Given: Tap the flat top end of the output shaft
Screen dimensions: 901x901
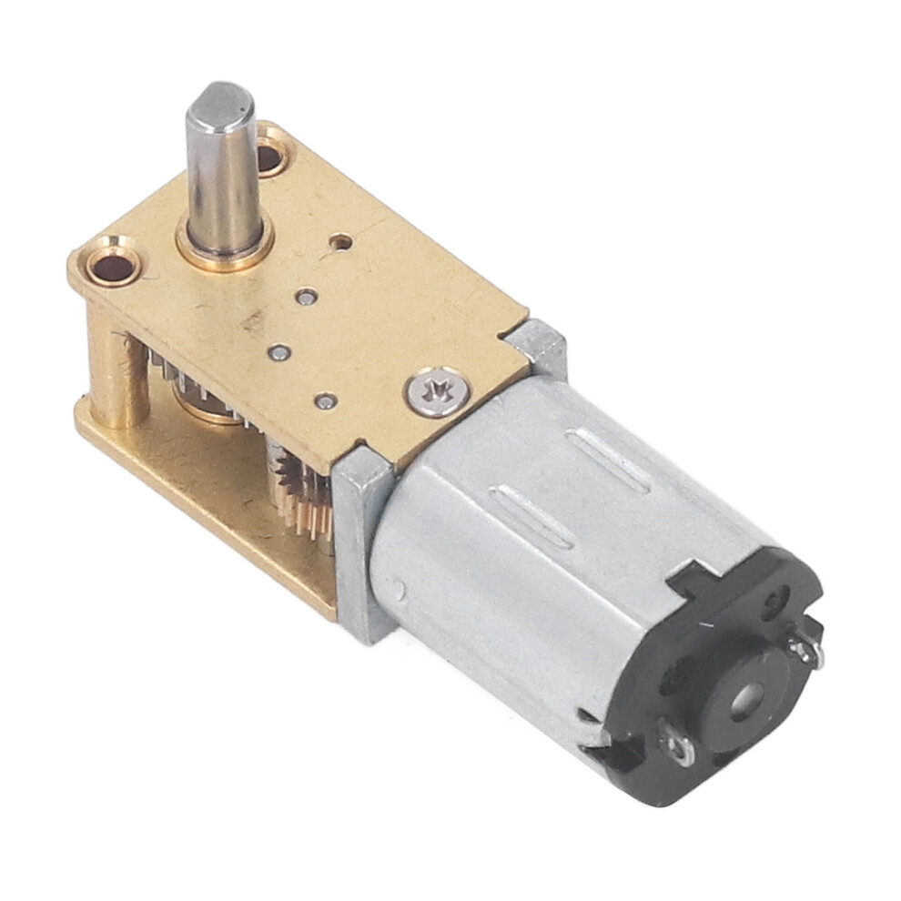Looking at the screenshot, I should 219,98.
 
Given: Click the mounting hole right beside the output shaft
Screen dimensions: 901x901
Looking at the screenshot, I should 270,157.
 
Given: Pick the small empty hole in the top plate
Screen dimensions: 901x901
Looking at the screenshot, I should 342,241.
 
